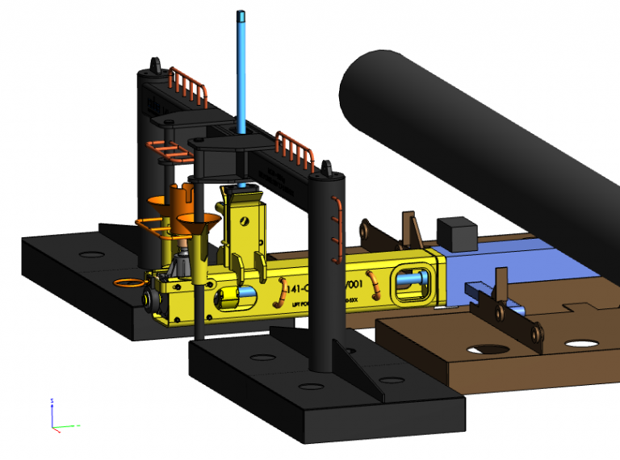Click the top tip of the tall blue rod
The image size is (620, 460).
241,14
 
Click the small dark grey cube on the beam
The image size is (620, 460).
455,232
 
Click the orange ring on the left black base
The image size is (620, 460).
128,282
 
